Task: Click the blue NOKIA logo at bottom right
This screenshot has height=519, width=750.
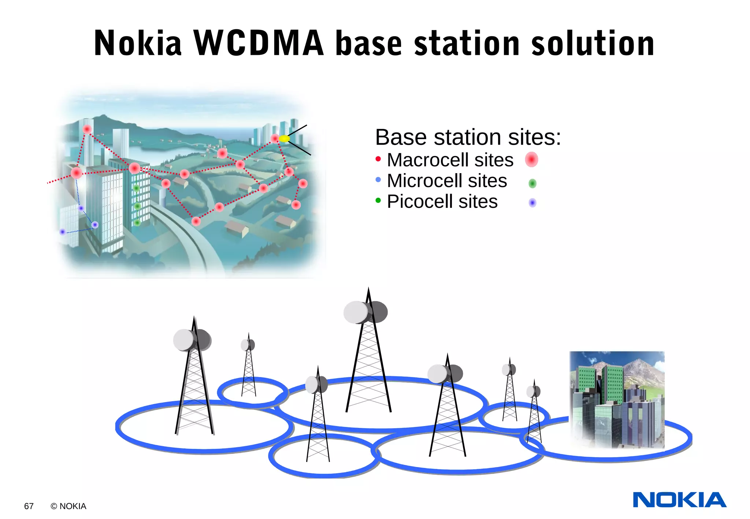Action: [679, 500]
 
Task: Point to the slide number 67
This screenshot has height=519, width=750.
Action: [29, 506]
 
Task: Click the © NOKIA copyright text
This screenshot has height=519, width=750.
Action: [68, 506]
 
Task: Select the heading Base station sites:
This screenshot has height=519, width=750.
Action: [468, 137]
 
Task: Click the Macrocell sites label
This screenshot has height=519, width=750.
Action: [450, 160]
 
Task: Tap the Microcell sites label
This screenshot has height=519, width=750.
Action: [447, 181]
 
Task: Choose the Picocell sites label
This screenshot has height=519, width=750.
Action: [442, 202]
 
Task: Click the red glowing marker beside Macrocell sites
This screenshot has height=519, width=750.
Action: [531, 160]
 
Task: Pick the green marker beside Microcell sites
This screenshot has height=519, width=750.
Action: [532, 183]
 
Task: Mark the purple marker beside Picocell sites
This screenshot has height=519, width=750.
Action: [532, 202]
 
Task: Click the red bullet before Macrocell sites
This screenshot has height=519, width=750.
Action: [378, 159]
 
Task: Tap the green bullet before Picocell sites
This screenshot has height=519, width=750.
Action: [378, 200]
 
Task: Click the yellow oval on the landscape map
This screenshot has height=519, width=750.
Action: [284, 138]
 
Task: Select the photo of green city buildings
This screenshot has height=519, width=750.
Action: [617, 400]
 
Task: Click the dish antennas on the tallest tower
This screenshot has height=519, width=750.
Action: [365, 312]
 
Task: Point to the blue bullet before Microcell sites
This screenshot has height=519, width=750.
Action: [378, 180]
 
